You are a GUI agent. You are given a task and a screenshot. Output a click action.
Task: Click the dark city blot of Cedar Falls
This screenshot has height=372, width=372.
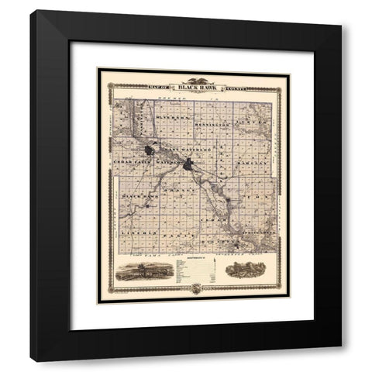(x=149, y=149)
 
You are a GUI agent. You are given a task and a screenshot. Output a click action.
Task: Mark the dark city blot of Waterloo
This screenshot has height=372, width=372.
(x=187, y=164)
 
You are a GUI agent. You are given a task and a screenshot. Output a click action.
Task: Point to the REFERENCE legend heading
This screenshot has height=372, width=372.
(x=194, y=254)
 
